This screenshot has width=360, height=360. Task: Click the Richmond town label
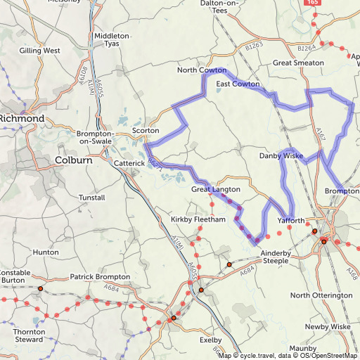pos(22,119)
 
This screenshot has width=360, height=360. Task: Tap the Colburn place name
pos(73,160)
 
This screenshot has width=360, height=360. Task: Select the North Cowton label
pos(202,70)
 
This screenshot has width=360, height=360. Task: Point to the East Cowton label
pos(238,84)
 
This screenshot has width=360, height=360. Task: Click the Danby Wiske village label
pos(281,155)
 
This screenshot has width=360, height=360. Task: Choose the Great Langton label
pos(216,190)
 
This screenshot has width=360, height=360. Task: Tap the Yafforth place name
pos(291,221)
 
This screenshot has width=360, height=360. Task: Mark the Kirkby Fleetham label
pos(198,220)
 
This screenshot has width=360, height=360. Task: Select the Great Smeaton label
pos(298,63)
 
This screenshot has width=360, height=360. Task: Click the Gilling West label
pos(39,51)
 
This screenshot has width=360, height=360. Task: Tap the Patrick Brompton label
pos(100,277)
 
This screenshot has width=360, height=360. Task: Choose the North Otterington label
pos(321,295)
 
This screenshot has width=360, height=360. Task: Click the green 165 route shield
pos(313,4)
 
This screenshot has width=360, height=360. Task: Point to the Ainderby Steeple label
pos(265,257)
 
